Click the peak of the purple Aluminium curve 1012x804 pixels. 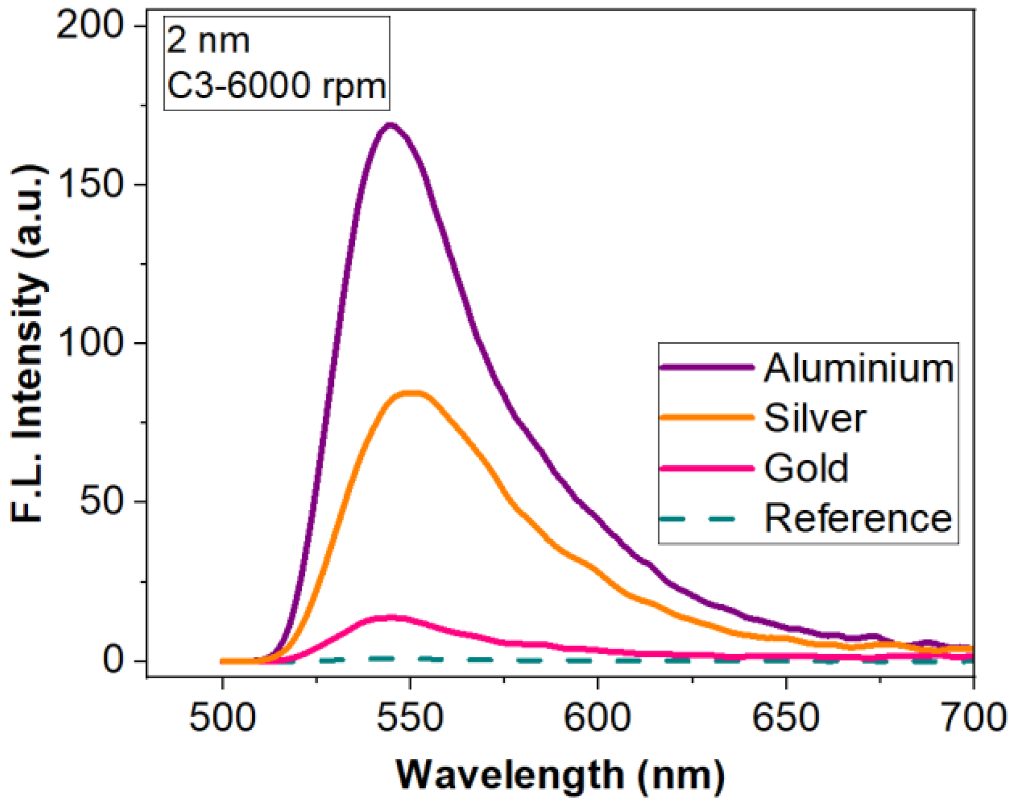pyautogui.click(x=390, y=126)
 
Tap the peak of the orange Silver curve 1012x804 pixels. pyautogui.click(x=412, y=394)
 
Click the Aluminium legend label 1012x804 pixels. pyautogui.click(x=858, y=369)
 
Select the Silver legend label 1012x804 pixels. pyautogui.click(x=814, y=418)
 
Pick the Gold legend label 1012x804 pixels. pyautogui.click(x=806, y=468)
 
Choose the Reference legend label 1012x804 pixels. pyautogui.click(x=858, y=518)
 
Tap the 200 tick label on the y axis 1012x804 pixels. pyautogui.click(x=90, y=25)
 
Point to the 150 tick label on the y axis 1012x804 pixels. pyautogui.click(x=90, y=184)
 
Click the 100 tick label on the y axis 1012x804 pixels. pyautogui.click(x=90, y=343)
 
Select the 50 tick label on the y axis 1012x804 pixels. pyautogui.click(x=101, y=502)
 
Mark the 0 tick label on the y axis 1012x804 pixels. pyautogui.click(x=113, y=660)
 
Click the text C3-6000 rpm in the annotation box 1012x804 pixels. pyautogui.click(x=276, y=86)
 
